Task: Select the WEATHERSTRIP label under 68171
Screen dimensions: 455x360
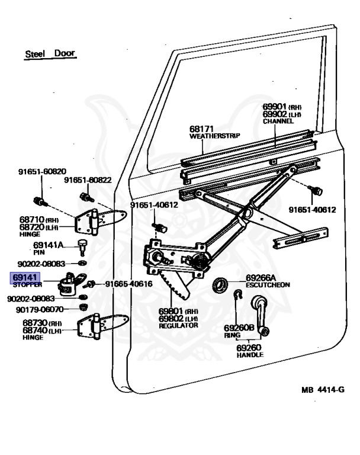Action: (214, 136)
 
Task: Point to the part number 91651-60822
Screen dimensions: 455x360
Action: (88, 180)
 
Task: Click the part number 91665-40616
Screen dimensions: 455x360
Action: (129, 284)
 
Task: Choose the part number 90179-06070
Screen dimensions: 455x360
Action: (40, 309)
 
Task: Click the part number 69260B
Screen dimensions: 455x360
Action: (239, 327)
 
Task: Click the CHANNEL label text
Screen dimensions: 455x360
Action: (278, 121)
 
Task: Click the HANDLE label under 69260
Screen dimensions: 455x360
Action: (250, 355)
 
